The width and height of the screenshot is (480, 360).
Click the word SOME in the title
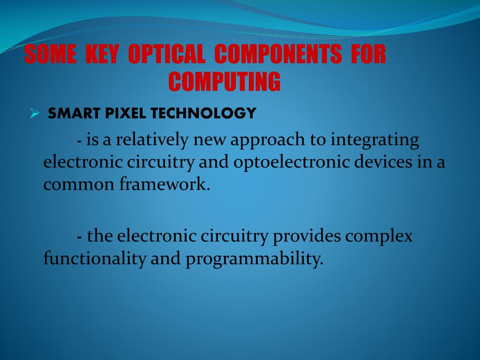(50, 55)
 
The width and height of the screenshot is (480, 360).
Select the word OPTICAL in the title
(166, 55)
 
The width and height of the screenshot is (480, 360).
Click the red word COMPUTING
(225, 82)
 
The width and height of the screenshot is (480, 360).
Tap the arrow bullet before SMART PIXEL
(34, 113)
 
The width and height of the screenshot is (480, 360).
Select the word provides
(307, 236)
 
